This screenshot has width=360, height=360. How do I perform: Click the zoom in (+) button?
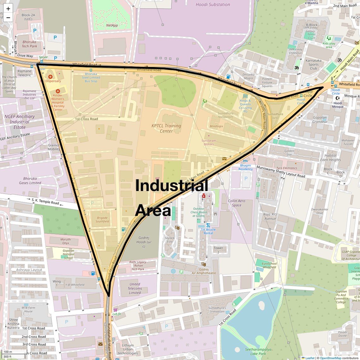(x=8, y=9)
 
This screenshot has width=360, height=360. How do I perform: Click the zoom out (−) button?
(x=8, y=18)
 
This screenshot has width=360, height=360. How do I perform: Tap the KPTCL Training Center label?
(x=166, y=128)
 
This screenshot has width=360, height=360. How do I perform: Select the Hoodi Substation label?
(x=213, y=4)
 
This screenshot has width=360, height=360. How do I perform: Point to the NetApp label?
(x=112, y=25)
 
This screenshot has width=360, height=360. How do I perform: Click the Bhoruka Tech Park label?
(x=29, y=44)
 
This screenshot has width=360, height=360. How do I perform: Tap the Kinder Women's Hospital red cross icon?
(x=58, y=91)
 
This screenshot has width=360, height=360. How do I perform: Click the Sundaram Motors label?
(x=209, y=142)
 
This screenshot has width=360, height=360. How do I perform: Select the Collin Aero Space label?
(x=237, y=203)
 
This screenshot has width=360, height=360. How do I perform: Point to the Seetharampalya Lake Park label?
(x=258, y=351)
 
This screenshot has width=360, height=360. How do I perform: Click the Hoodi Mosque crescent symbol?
(x=338, y=98)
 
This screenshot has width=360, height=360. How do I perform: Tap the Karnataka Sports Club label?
(x=313, y=64)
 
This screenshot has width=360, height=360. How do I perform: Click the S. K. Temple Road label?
(x=45, y=201)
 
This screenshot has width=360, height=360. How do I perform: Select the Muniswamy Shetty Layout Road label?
(x=280, y=171)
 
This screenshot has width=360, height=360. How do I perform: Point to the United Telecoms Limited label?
(x=135, y=288)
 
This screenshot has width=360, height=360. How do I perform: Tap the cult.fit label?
(x=117, y=314)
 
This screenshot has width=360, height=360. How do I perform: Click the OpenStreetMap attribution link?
(x=330, y=358)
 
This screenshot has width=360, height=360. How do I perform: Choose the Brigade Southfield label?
(x=102, y=219)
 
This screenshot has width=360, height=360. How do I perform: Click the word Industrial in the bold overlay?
(x=171, y=185)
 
